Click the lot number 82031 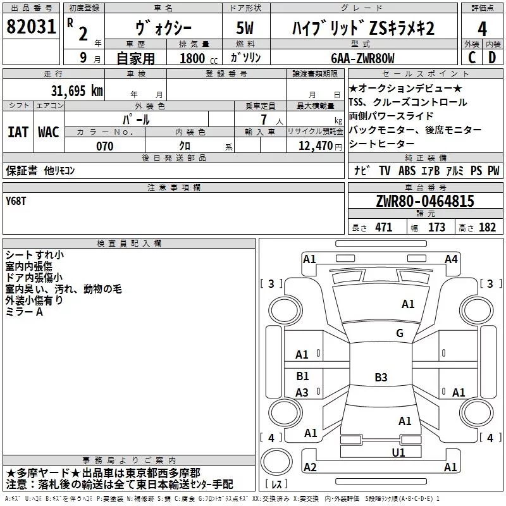(x=31, y=27)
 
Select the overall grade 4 (x=482, y=29)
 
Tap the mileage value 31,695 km (x=77, y=91)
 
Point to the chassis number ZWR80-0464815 (x=425, y=201)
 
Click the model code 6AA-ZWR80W (x=362, y=58)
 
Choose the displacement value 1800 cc (x=199, y=58)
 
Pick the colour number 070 (x=105, y=146)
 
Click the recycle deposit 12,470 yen (x=320, y=146)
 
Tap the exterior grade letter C (x=472, y=58)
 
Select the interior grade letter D (x=492, y=58)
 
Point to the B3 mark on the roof (x=381, y=377)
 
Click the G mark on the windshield (x=400, y=333)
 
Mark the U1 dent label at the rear (x=398, y=452)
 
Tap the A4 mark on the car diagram (x=451, y=259)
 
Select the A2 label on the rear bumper (x=310, y=467)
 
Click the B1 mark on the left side (x=303, y=376)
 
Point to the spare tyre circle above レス (x=276, y=461)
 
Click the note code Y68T (x=15, y=201)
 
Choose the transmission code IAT (x=18, y=132)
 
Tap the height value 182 (x=487, y=228)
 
